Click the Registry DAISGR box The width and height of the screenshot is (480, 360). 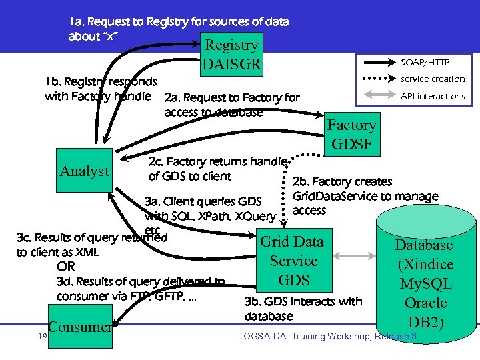click(x=231, y=55)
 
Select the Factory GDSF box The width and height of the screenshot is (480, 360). click(x=351, y=135)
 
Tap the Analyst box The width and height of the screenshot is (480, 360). click(x=84, y=171)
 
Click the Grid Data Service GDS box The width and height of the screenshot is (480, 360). click(x=293, y=261)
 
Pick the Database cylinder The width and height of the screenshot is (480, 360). click(x=425, y=280)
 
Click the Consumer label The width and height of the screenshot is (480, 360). click(x=80, y=327)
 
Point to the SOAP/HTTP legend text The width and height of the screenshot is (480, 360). click(x=425, y=62)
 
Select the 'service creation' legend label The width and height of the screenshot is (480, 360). click(x=432, y=79)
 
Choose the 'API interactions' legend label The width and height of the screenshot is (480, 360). click(x=432, y=96)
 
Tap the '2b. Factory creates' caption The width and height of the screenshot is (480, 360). click(x=343, y=181)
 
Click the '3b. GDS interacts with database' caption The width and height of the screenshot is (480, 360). click(x=303, y=308)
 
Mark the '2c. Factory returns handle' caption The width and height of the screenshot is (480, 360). click(x=217, y=161)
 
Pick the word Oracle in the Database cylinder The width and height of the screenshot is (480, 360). click(x=425, y=303)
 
